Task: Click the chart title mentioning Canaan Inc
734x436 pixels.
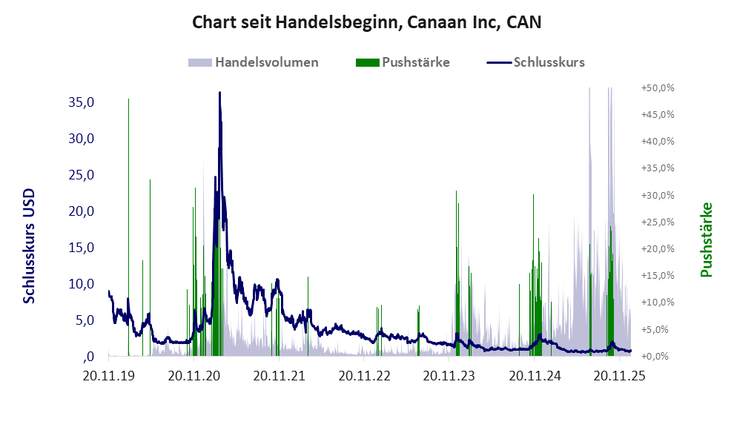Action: pos(366,22)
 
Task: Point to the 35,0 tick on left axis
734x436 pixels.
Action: pos(82,102)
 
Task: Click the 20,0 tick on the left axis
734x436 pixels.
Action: pos(82,211)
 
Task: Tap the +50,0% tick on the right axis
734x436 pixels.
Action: pos(657,87)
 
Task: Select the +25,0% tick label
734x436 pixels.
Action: pos(657,222)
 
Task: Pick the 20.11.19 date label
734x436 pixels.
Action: pos(110,376)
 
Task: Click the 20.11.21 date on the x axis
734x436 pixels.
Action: pos(280,376)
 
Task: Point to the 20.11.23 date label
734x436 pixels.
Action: pos(449,376)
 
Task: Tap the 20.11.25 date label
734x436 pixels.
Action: pos(618,376)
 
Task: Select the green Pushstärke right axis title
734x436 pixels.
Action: pos(706,240)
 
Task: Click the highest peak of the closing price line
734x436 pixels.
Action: pos(219,93)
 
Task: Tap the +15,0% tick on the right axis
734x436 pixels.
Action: pos(657,275)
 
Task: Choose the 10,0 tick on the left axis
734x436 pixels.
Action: pos(82,284)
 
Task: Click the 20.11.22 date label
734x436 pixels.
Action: pos(364,376)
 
